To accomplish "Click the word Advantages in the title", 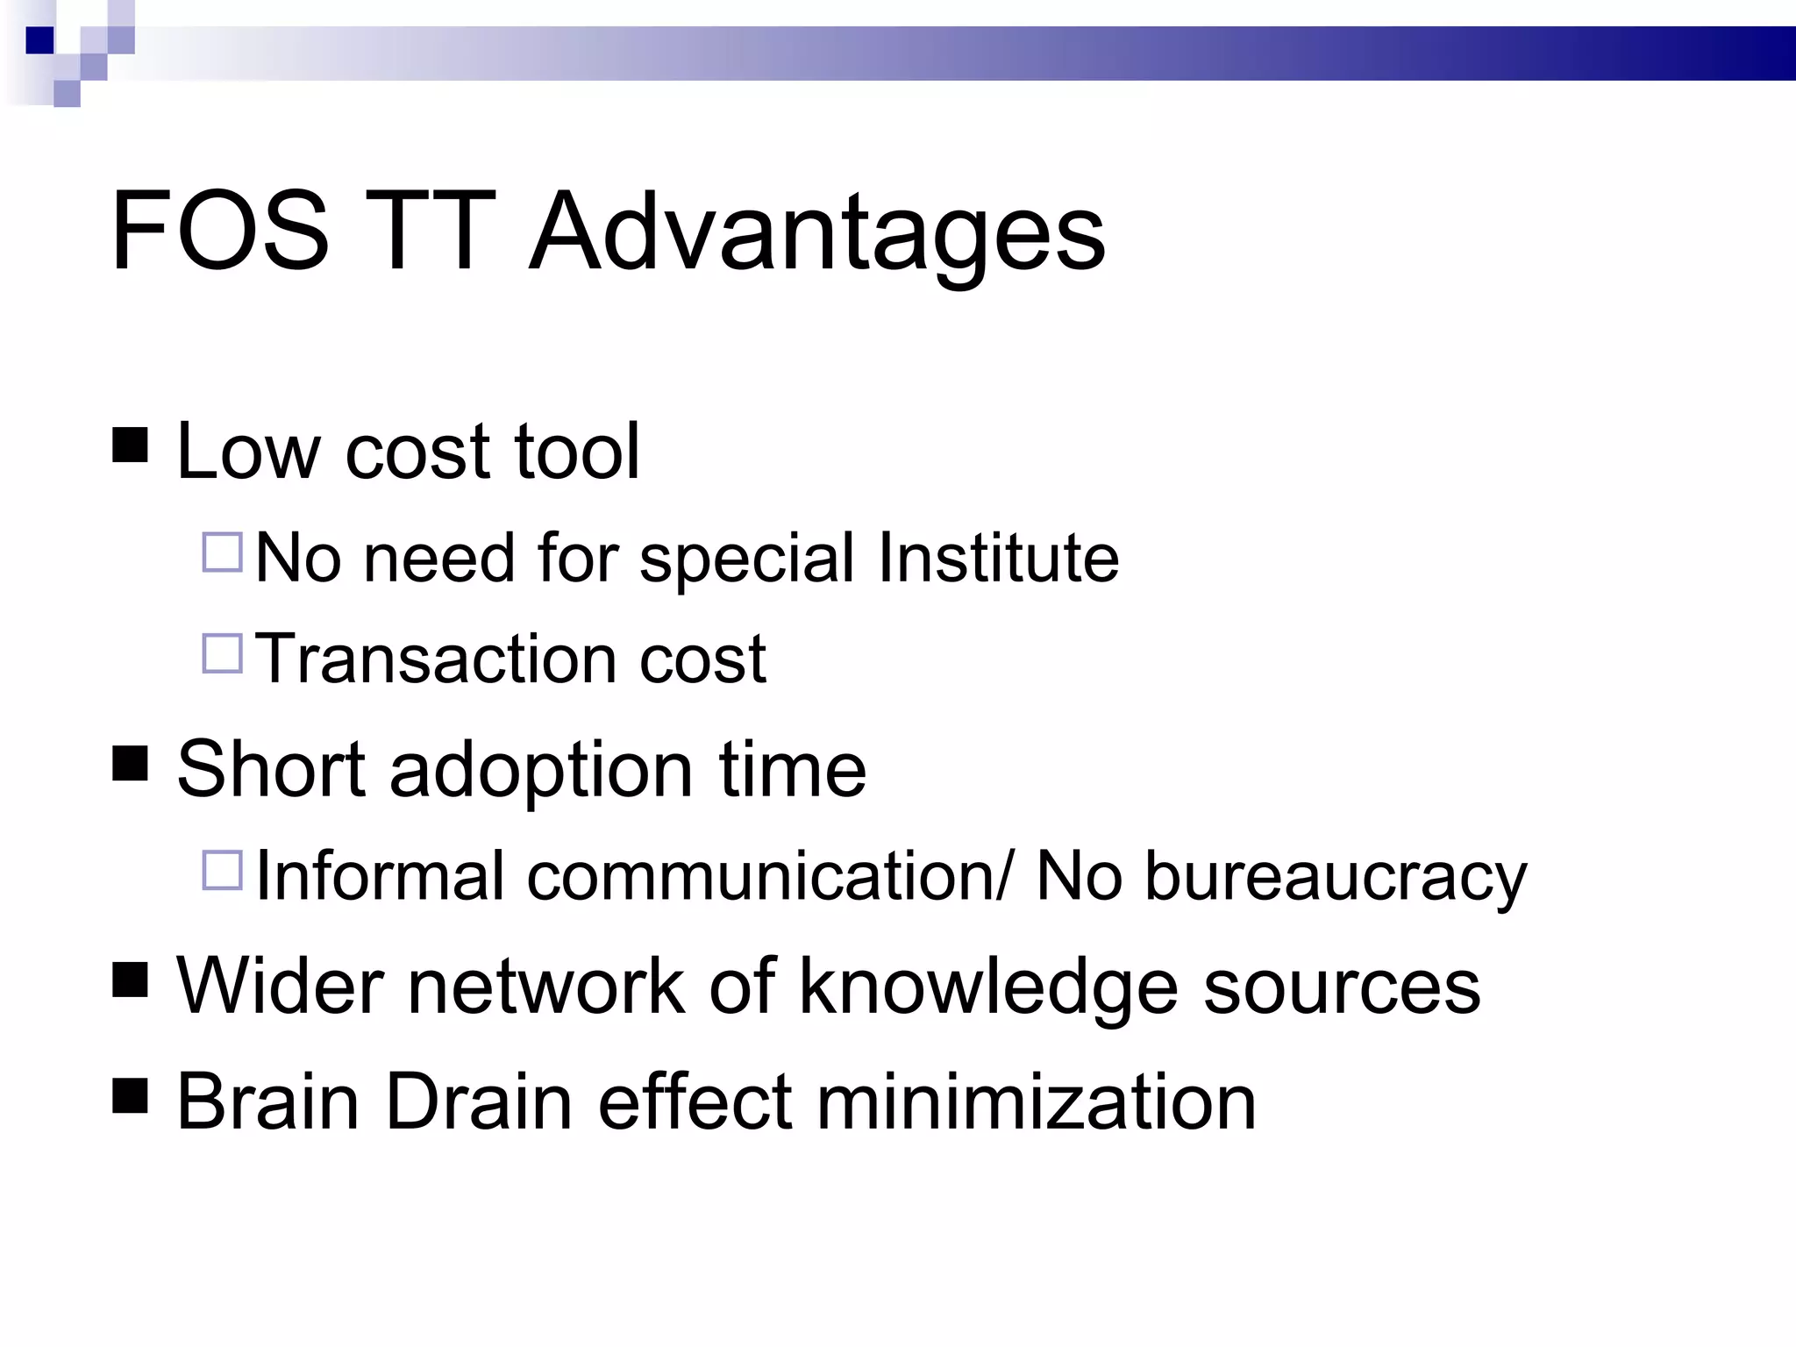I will click(x=817, y=232).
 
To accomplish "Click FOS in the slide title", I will click(x=219, y=232).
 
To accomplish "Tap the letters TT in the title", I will click(x=428, y=232).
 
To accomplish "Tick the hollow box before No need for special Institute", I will click(x=222, y=552).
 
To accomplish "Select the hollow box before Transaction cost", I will click(x=222, y=653).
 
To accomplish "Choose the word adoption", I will click(x=541, y=770).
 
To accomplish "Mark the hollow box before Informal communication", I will click(x=222, y=871).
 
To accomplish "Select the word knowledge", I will click(x=987, y=987).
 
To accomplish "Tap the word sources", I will click(x=1342, y=987).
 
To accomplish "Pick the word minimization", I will click(x=1036, y=1101).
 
